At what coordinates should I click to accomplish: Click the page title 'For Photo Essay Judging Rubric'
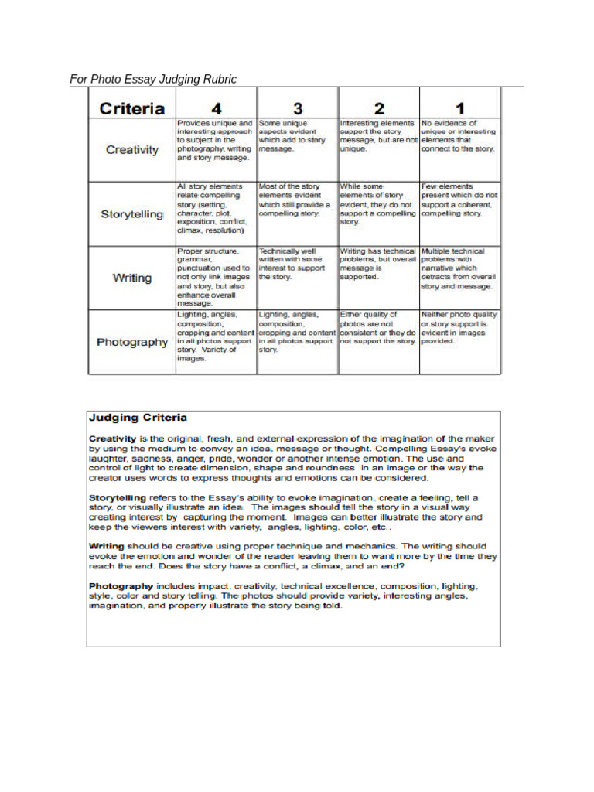pyautogui.click(x=153, y=79)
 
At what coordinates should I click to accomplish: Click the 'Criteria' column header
pyautogui.click(x=131, y=108)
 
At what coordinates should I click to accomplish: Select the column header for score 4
pyautogui.click(x=217, y=108)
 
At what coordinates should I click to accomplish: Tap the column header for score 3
pyautogui.click(x=298, y=108)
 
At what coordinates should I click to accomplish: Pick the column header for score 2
pyautogui.click(x=379, y=108)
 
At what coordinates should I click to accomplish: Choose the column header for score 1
pyautogui.click(x=459, y=108)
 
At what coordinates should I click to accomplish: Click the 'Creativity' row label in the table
pyautogui.click(x=132, y=149)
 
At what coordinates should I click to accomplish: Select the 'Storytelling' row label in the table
pyautogui.click(x=132, y=214)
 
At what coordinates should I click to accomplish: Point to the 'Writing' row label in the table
pyautogui.click(x=132, y=278)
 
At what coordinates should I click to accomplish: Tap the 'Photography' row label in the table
pyautogui.click(x=132, y=342)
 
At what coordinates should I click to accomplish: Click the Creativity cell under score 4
pyautogui.click(x=216, y=140)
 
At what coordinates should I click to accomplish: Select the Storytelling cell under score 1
pyautogui.click(x=459, y=200)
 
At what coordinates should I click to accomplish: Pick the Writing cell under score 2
pyautogui.click(x=379, y=264)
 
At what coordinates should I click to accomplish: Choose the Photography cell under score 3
pyautogui.click(x=298, y=332)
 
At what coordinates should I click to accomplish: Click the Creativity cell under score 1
pyautogui.click(x=459, y=135)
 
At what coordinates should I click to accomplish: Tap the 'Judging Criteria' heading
pyautogui.click(x=138, y=418)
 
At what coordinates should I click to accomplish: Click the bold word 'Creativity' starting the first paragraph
pyautogui.click(x=112, y=439)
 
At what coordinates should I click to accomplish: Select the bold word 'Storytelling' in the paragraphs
pyautogui.click(x=118, y=497)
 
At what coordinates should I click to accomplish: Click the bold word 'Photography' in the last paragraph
pyautogui.click(x=120, y=586)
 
